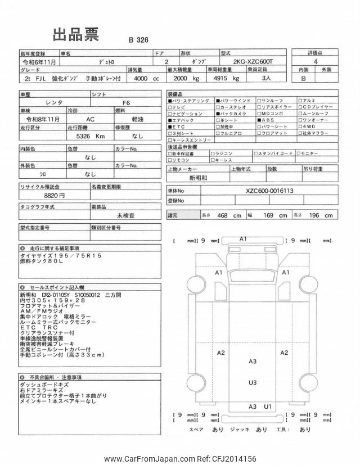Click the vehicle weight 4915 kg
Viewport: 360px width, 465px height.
pos(224,79)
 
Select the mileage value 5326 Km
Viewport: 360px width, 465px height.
pos(88,136)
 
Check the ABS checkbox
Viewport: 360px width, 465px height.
pos(260,120)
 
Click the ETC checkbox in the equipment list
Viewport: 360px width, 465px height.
pos(170,127)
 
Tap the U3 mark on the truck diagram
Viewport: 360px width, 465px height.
pos(253,382)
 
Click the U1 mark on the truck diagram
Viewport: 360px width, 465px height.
pos(268,406)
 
